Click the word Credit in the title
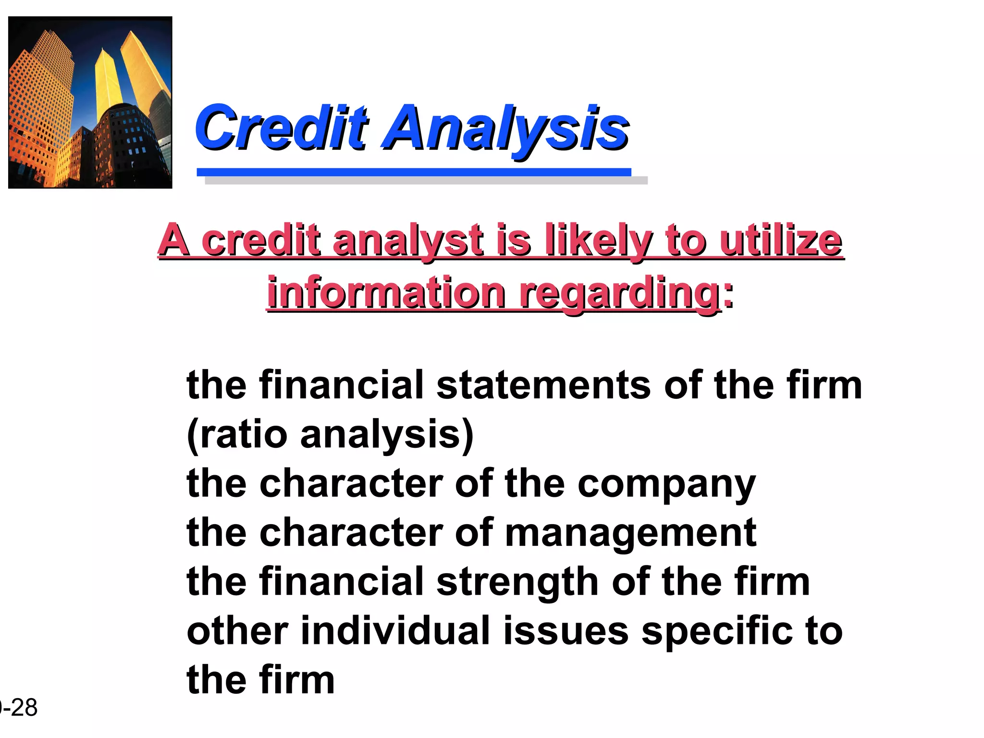(x=281, y=128)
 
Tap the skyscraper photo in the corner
(x=90, y=102)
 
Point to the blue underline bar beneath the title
(x=414, y=172)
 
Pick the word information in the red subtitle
(x=386, y=293)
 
